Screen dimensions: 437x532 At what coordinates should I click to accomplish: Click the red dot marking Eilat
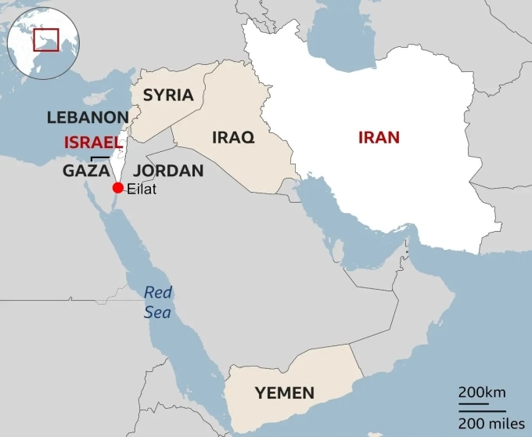pos(118,187)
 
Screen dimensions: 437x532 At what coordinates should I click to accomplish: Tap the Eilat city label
pos(142,189)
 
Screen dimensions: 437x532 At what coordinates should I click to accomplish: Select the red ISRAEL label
pos(92,143)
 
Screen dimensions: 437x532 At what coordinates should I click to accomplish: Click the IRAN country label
pos(379,138)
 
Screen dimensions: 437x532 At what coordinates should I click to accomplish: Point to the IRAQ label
pos(233,138)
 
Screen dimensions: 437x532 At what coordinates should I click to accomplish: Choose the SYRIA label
pos(167,96)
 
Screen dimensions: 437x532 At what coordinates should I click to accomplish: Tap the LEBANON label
pos(88,117)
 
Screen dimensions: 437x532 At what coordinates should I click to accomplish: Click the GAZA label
pos(85,171)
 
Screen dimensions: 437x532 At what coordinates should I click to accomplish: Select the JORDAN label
pos(168,171)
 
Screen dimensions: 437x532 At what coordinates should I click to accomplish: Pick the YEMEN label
pos(285,393)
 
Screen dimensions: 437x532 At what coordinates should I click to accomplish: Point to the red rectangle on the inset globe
pos(45,39)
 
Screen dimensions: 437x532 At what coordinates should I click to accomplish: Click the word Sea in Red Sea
pos(158,312)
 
